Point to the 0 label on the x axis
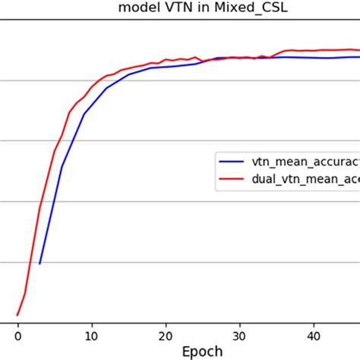(17, 333)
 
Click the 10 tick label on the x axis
(91, 333)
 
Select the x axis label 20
(165, 333)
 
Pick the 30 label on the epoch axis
(239, 333)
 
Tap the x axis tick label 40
(313, 333)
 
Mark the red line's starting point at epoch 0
(17, 314)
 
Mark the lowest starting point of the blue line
(39, 264)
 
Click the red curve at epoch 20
(165, 60)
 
